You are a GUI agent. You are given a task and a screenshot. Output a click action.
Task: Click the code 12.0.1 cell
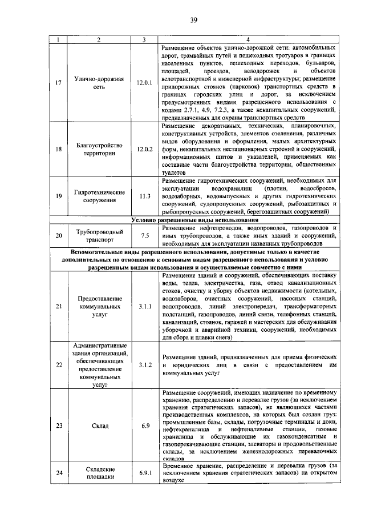pyautogui.click(x=145, y=83)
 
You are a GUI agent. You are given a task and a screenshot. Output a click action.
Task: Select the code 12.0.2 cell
pyautogui.click(x=145, y=149)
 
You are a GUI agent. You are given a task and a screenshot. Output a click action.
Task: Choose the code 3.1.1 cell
pyautogui.click(x=145, y=306)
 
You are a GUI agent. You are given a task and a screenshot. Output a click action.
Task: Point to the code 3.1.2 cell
pyautogui.click(x=145, y=365)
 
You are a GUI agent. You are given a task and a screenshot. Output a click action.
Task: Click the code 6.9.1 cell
pyautogui.click(x=145, y=473)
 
